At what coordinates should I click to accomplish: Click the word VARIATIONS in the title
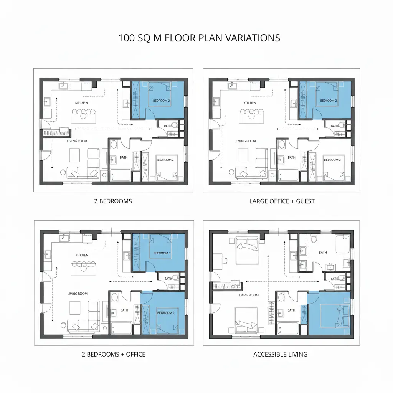point(253,38)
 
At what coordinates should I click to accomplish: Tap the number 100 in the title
point(126,38)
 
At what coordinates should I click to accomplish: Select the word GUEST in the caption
point(305,201)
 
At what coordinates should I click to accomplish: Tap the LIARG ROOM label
point(249,295)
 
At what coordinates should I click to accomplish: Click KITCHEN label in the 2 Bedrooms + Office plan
point(82,255)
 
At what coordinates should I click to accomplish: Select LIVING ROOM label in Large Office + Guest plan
point(246,141)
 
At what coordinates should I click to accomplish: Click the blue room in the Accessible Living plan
point(330,313)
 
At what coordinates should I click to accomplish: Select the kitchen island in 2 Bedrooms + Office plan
point(83,268)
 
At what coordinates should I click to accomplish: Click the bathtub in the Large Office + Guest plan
point(288,175)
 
